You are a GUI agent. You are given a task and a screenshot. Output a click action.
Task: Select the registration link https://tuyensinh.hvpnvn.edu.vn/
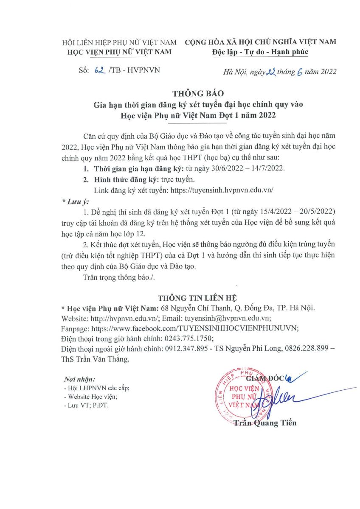(221, 190)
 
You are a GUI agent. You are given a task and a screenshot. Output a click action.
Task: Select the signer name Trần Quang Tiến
(265, 422)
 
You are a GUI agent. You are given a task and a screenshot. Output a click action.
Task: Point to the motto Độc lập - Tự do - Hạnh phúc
(260, 52)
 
